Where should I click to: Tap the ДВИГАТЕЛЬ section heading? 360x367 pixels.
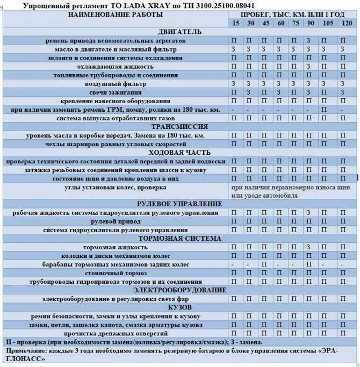coord(179,32)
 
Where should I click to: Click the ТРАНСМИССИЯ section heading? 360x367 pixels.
coord(179,127)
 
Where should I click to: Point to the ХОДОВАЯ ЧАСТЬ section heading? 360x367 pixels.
coord(179,153)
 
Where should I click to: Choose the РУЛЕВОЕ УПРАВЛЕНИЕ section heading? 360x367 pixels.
coord(179,204)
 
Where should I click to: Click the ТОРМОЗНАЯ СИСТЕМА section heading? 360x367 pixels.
coord(179,239)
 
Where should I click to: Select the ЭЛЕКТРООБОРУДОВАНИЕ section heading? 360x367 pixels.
coord(179,290)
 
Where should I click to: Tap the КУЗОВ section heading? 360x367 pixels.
coord(179,307)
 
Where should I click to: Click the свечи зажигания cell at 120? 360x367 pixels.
coord(343,92)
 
